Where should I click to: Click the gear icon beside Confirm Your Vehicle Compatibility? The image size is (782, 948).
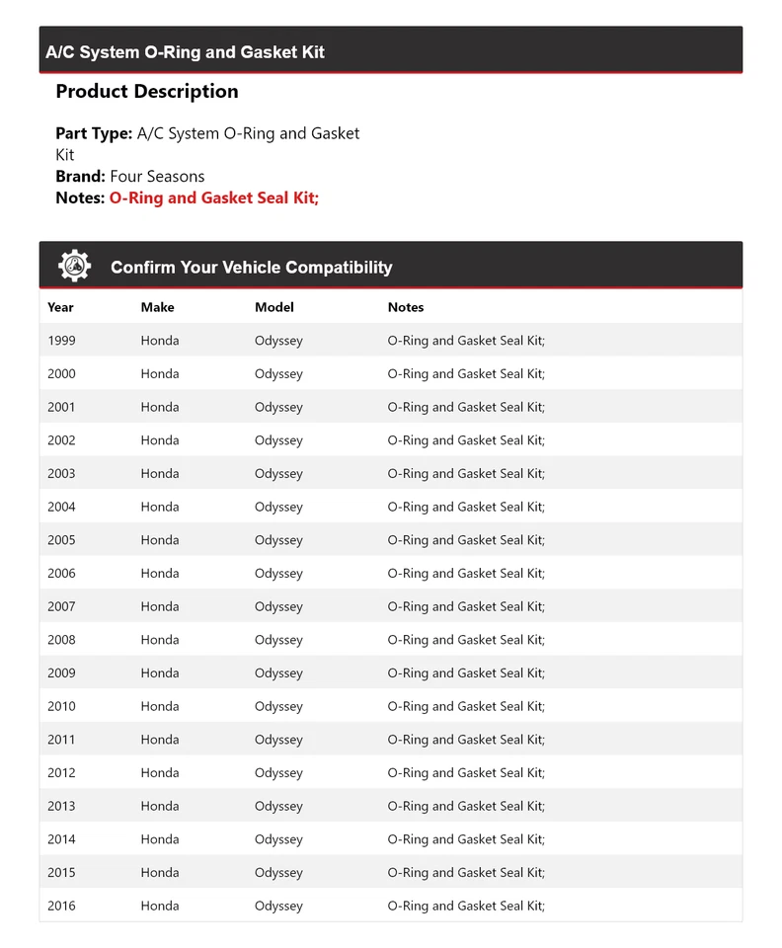[x=74, y=266]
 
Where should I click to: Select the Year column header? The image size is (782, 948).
[x=60, y=307]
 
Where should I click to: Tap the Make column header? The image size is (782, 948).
[x=157, y=307]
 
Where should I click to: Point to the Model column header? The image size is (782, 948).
[x=274, y=307]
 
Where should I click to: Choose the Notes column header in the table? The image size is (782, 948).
[x=406, y=307]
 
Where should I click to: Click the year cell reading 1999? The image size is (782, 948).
[x=61, y=341]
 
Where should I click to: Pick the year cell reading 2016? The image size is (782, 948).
[x=61, y=906]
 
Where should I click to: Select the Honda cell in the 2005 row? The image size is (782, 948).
[x=160, y=540]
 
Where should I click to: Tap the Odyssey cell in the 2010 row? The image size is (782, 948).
[x=278, y=706]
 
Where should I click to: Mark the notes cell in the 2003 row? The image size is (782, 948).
[x=466, y=473]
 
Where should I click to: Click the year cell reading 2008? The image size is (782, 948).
[x=61, y=640]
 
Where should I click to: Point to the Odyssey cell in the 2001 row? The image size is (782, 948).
[x=278, y=407]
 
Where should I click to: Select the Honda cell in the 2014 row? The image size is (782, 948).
[x=160, y=839]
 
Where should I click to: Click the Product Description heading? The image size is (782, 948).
[x=147, y=91]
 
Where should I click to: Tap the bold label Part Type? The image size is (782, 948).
[x=94, y=133]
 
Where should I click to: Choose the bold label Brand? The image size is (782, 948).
[x=80, y=177]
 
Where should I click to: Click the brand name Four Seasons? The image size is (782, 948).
[x=157, y=177]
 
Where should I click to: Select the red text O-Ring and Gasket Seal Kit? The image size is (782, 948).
[x=213, y=197]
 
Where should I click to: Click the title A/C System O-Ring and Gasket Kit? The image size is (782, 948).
[x=185, y=52]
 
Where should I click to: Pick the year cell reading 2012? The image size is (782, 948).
[x=61, y=772]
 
